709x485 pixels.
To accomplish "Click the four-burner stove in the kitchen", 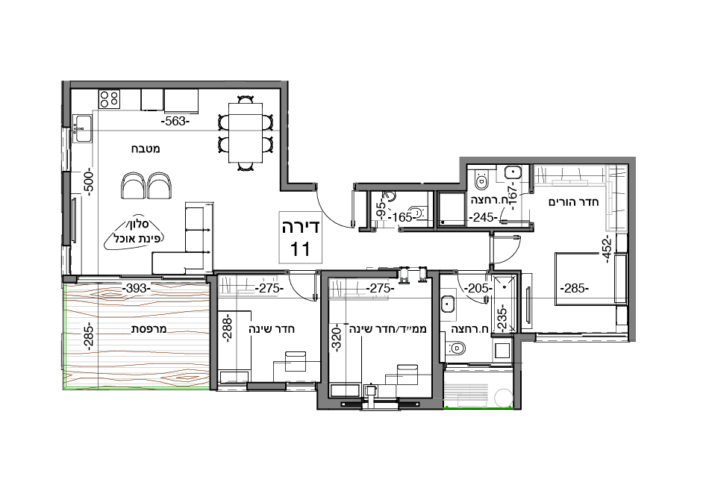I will point(110,98).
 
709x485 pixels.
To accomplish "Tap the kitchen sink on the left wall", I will point(82,127).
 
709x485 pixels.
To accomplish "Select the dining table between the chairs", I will point(245,132).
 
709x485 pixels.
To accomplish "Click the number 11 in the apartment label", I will point(300,248).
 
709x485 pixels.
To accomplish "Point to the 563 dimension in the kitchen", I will point(176,120).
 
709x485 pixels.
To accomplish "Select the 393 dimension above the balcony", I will point(137,288).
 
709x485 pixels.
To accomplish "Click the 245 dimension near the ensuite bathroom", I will point(483,218).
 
